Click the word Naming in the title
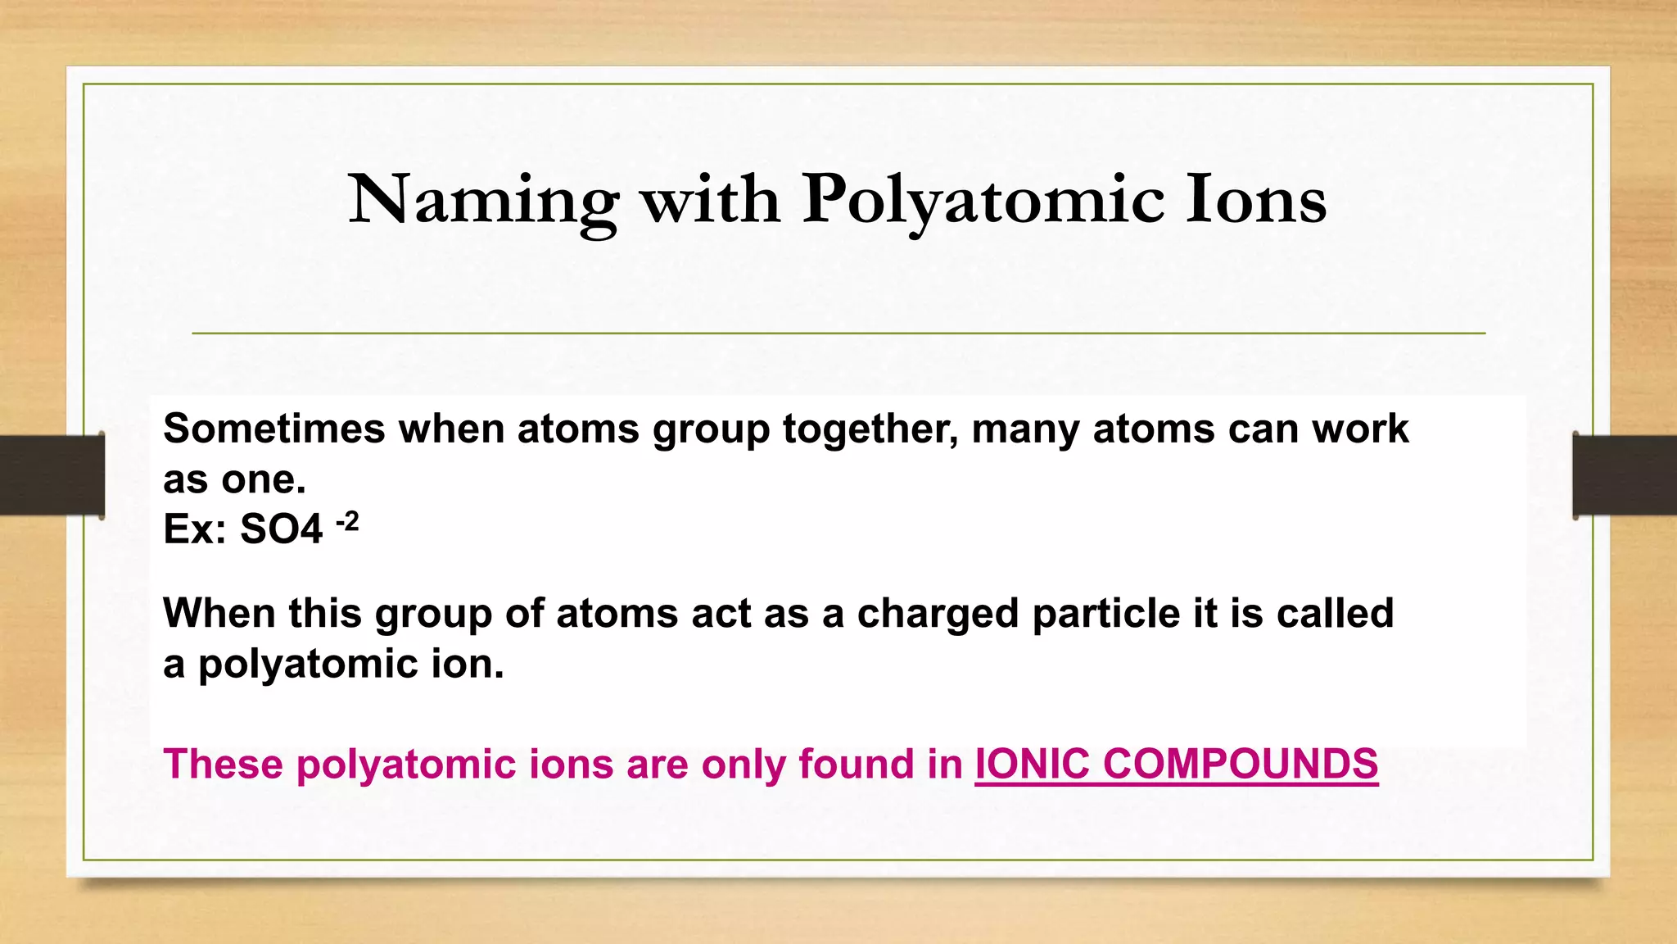click(483, 201)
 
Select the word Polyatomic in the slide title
click(983, 201)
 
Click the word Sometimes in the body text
click(274, 429)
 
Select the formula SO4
click(281, 529)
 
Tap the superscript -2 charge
click(347, 521)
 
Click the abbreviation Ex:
click(195, 529)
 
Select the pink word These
click(224, 764)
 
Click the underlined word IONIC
click(1032, 764)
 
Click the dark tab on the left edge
click(52, 475)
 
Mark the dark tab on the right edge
click(1625, 475)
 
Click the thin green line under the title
click(838, 334)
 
